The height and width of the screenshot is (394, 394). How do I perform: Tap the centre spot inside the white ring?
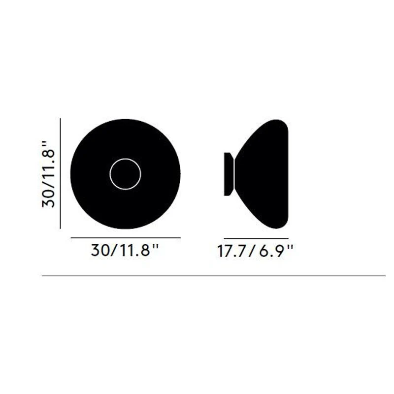click(125, 174)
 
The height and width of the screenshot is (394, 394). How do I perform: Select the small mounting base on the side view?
click(229, 174)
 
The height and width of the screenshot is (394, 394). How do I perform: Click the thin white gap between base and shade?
click(234, 174)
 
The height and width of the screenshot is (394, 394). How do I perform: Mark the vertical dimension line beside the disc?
click(60, 174)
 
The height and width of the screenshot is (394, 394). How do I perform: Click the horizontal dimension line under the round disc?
click(126, 237)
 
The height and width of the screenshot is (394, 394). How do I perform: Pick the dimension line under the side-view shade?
click(256, 238)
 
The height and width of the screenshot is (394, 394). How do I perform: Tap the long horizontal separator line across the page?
click(214, 276)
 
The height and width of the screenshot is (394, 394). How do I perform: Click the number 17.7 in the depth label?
click(230, 251)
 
